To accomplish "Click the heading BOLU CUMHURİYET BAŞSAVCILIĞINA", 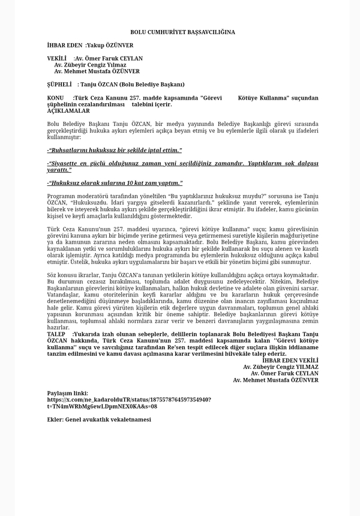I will pos(182,32).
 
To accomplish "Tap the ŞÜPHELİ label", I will pos(59,84).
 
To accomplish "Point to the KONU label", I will pos(55,97).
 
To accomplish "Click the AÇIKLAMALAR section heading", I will pos(68,110).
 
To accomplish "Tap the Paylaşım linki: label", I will pos(67,393).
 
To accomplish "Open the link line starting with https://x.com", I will pos(128,399).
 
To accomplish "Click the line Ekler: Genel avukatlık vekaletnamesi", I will pos(99,419).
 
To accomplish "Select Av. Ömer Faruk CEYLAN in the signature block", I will pos(284,373).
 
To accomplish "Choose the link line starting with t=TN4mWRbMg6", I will pos(102,406).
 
